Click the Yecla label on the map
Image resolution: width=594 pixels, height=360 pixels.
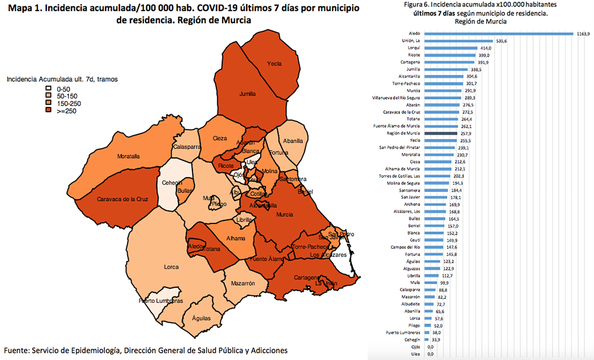(274, 64)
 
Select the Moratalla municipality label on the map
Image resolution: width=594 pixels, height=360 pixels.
(128, 157)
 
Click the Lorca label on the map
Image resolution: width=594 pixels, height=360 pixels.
(171, 267)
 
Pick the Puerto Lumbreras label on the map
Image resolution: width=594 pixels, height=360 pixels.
(160, 301)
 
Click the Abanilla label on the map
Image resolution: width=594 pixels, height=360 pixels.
(293, 141)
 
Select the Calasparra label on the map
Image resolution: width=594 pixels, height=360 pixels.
(187, 146)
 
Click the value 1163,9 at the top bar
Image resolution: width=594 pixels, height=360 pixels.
(583, 34)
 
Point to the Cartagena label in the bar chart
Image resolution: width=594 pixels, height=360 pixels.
(412, 62)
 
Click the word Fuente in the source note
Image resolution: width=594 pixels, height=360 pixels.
(17, 350)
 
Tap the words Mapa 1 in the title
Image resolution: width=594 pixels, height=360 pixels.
(18, 8)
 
